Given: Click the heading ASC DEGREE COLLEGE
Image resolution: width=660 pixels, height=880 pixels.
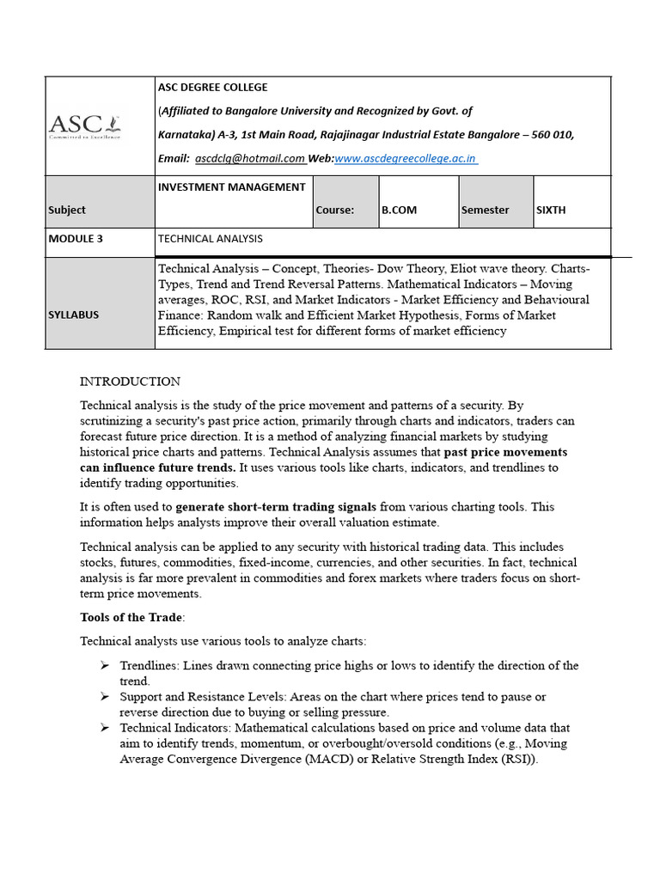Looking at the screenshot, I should [x=212, y=87].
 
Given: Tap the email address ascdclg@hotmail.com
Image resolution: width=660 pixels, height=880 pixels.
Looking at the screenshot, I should [x=249, y=158].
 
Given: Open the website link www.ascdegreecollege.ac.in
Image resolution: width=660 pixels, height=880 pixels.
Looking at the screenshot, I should [x=406, y=158].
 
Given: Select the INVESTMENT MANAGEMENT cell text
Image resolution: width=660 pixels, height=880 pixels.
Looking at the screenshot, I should [x=231, y=186].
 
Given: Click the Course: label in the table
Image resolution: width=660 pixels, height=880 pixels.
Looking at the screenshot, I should [x=335, y=210].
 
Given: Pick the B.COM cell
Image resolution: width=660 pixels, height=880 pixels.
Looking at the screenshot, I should [x=400, y=210].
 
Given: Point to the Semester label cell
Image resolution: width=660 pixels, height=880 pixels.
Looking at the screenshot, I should [x=485, y=210].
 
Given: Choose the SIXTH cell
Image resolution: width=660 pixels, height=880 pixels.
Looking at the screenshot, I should [x=551, y=210].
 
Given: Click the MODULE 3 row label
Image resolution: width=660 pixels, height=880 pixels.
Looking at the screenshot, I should [x=76, y=239].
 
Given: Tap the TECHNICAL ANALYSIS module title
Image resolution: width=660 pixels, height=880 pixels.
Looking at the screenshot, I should [x=211, y=239].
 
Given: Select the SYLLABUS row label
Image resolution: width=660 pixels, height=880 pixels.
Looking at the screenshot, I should [x=74, y=315].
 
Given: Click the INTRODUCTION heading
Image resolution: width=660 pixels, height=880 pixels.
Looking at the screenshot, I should [x=130, y=382].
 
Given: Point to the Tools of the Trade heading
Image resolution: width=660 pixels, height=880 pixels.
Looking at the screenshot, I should [x=131, y=617].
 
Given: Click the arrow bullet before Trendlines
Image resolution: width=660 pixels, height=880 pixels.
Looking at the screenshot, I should [x=104, y=666].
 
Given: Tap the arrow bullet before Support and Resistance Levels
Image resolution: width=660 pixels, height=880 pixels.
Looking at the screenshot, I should [x=104, y=697].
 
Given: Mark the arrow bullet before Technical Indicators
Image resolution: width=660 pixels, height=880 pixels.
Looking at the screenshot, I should [x=104, y=728].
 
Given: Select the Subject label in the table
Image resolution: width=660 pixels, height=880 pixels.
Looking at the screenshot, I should [x=67, y=210].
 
